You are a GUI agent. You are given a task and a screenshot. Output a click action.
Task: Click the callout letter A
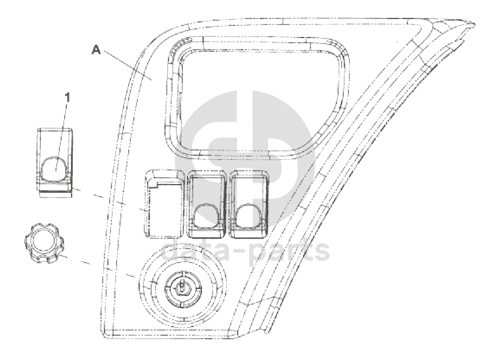pyautogui.click(x=96, y=50)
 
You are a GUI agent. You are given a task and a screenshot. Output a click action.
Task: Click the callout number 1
pyautogui.click(x=67, y=97)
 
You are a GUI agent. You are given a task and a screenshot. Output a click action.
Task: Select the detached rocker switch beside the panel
pyautogui.click(x=56, y=163)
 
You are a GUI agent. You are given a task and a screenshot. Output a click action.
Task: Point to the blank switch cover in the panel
pyautogui.click(x=164, y=204)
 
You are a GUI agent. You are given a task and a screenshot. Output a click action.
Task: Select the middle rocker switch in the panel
pyautogui.click(x=207, y=204)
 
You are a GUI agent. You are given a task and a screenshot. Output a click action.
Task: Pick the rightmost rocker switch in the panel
pyautogui.click(x=250, y=204)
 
